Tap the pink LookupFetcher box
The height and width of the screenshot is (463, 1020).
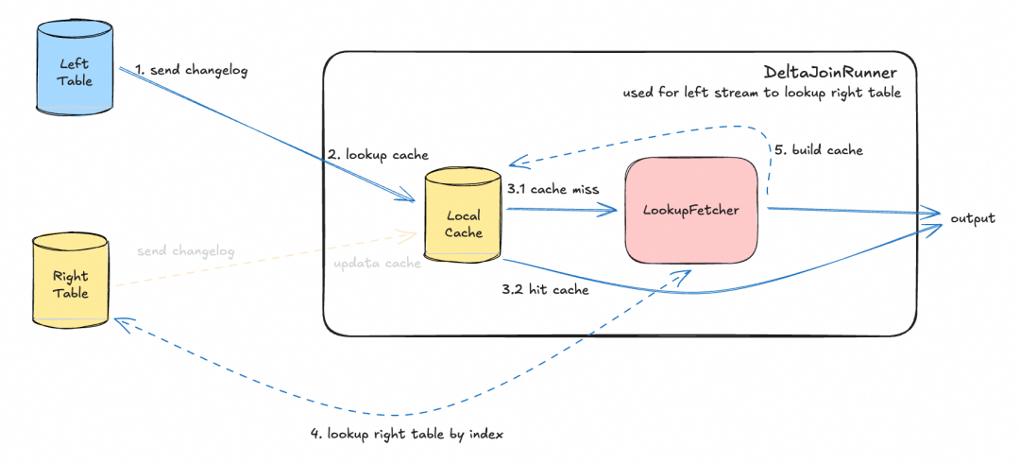coord(691,210)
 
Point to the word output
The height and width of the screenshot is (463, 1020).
coord(972,218)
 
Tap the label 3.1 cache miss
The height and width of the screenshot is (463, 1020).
coord(552,189)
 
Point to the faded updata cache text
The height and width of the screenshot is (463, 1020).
coord(377,264)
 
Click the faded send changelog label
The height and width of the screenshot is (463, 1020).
coord(185,252)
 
